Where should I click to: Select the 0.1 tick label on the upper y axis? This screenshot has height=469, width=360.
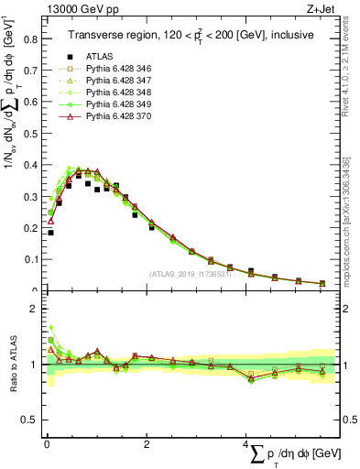pos(30,259)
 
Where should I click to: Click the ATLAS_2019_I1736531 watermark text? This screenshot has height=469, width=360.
pos(187,274)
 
